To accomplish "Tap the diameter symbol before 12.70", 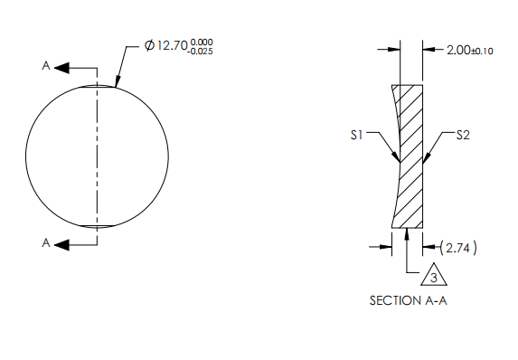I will (x=149, y=46).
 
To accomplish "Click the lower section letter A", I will (x=45, y=242).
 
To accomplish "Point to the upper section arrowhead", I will (x=61, y=67).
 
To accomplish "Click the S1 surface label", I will (x=356, y=135).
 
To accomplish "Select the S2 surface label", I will (x=463, y=135).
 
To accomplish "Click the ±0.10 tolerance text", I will (x=483, y=51).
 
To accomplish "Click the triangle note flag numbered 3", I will (x=432, y=276).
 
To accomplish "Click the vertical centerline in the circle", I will (x=98, y=154).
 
